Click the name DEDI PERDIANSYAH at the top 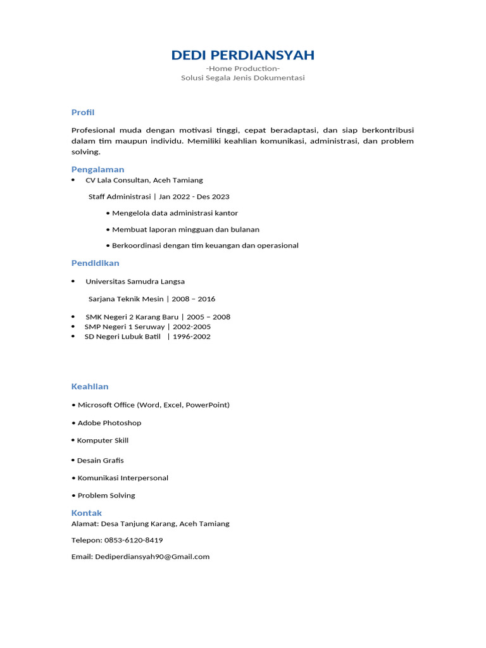click(x=242, y=55)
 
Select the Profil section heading click(x=83, y=112)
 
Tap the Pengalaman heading click(x=97, y=169)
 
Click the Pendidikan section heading click(x=95, y=263)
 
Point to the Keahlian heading click(x=90, y=386)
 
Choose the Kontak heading click(x=87, y=513)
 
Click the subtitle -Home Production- click(x=242, y=68)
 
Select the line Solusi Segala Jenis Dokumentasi click(x=242, y=78)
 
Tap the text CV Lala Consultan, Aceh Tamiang click(x=144, y=180)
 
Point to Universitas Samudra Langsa click(x=135, y=281)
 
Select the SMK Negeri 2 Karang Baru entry click(x=132, y=316)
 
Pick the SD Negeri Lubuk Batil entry click(x=123, y=337)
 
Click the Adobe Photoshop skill click(x=109, y=423)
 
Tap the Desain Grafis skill click(x=100, y=460)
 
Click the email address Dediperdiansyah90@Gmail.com click(x=152, y=557)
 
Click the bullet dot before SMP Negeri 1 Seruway click(x=73, y=327)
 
